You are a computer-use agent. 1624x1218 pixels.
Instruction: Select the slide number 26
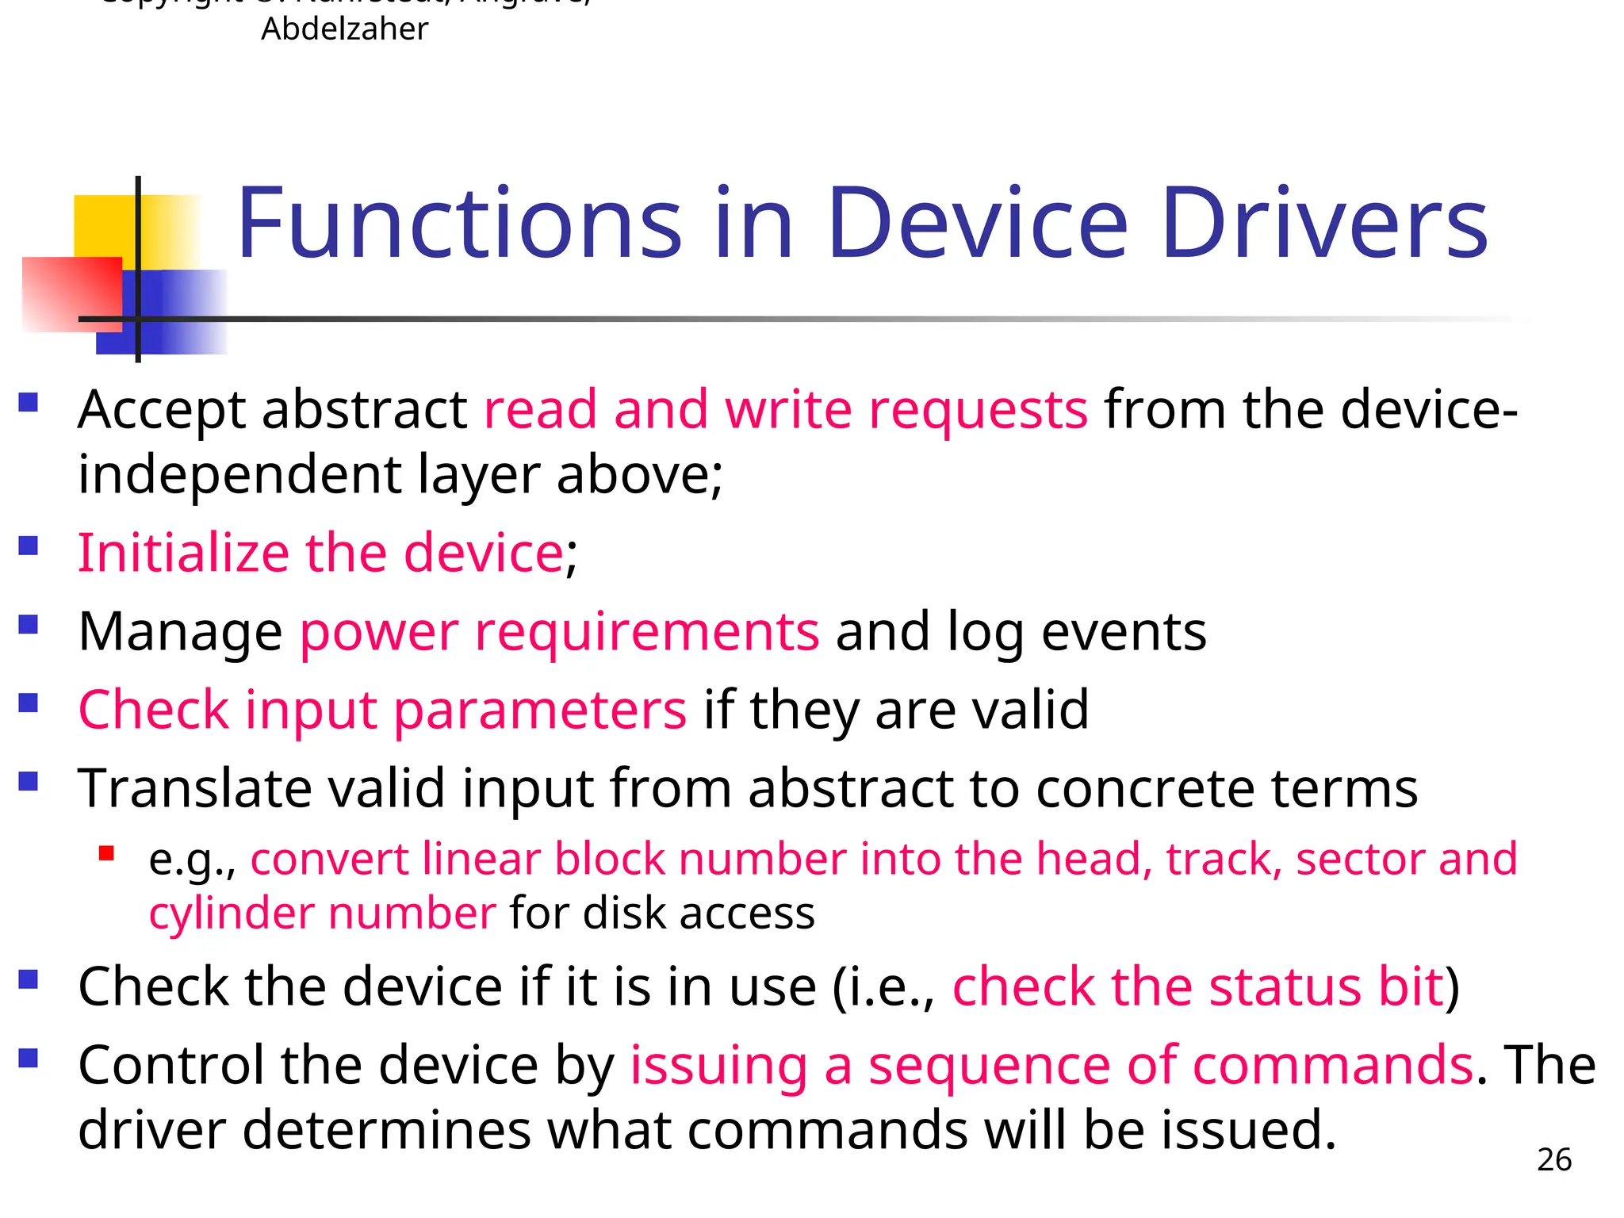(x=1553, y=1159)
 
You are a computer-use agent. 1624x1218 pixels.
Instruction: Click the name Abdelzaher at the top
(x=344, y=29)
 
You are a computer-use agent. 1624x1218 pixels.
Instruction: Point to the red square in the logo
(x=71, y=293)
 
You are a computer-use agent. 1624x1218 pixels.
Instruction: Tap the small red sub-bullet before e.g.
(x=106, y=854)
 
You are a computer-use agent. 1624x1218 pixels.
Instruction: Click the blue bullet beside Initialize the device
(x=29, y=546)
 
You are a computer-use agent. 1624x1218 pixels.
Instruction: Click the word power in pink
(x=378, y=632)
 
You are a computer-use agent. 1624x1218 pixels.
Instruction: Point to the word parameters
(x=540, y=710)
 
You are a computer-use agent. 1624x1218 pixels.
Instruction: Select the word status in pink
(x=1285, y=987)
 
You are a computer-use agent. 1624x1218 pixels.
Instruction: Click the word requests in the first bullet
(x=978, y=411)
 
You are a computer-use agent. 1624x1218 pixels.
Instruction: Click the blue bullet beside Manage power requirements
(x=29, y=625)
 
